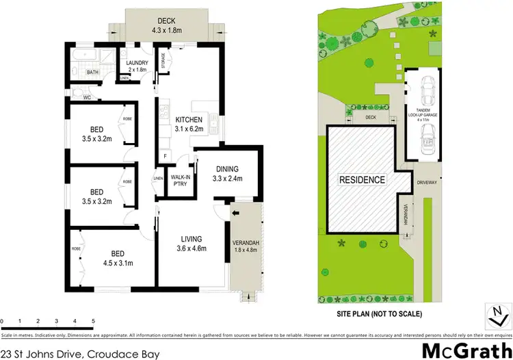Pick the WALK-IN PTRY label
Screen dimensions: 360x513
180,181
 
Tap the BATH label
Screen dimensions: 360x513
94,72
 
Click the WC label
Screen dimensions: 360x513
87,98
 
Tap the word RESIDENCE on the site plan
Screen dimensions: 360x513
363,180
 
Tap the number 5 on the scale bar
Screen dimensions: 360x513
92,321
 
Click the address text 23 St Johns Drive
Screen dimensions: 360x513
81,353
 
